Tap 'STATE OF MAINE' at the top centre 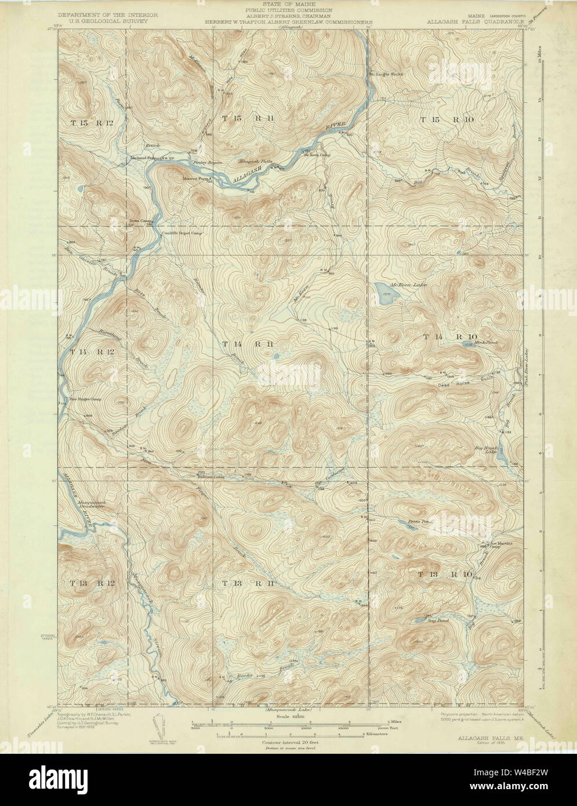288,5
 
